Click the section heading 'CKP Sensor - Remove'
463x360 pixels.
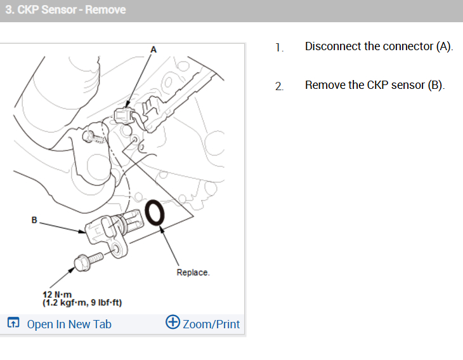click(x=72, y=10)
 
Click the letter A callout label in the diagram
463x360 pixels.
click(x=153, y=50)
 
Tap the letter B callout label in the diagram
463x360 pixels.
click(x=34, y=220)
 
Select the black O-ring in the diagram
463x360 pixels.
click(x=154, y=213)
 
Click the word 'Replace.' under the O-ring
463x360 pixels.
click(x=193, y=272)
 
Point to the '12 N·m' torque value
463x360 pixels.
click(x=57, y=295)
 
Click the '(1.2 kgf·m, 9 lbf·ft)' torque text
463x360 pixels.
click(x=82, y=303)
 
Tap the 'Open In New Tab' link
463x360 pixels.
click(x=69, y=324)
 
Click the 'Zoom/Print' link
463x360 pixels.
click(x=211, y=324)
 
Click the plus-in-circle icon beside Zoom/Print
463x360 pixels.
click(x=173, y=322)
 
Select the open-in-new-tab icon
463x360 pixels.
click(x=13, y=323)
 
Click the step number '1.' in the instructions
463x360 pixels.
click(x=279, y=48)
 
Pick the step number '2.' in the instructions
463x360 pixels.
click(x=279, y=86)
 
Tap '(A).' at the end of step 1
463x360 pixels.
click(x=445, y=47)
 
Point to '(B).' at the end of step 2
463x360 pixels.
click(x=436, y=86)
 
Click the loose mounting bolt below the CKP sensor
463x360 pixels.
click(x=88, y=261)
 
